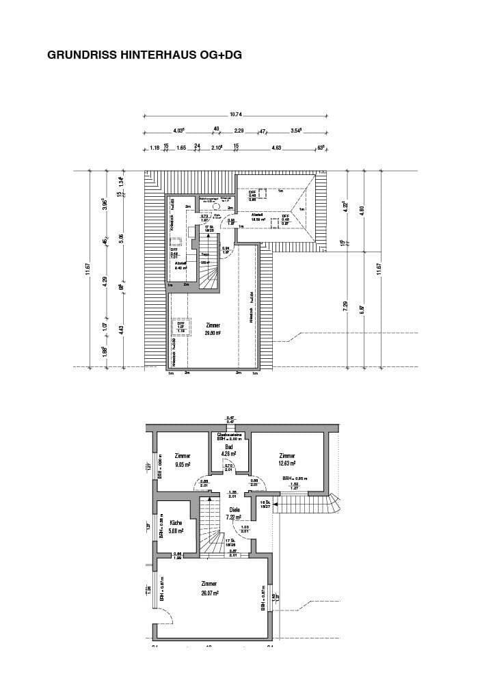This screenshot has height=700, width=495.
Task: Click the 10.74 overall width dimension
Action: tap(235, 114)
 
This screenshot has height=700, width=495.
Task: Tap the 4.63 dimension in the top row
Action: tap(276, 147)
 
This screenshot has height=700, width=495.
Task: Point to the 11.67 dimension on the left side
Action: tap(88, 271)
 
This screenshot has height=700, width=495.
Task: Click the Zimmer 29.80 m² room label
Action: tap(212, 329)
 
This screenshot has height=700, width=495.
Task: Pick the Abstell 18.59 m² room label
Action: tap(258, 217)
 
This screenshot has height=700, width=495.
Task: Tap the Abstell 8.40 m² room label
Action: tap(181, 265)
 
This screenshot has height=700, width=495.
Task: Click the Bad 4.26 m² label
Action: tap(228, 449)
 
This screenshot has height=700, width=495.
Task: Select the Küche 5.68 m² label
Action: tap(176, 526)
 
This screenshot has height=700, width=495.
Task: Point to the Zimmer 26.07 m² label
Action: tap(209, 589)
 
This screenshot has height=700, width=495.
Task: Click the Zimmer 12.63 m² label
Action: tap(287, 459)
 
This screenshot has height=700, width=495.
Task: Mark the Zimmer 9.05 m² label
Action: tap(183, 459)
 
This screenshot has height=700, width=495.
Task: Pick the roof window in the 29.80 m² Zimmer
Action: tap(182, 327)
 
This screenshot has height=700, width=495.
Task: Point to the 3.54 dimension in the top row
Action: tap(295, 130)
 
